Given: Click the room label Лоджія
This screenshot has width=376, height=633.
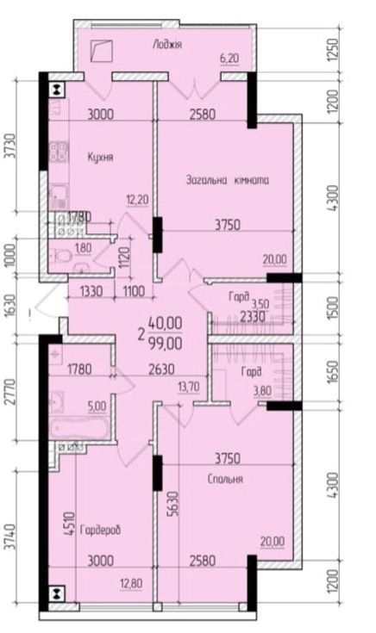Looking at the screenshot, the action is pyautogui.click(x=167, y=45).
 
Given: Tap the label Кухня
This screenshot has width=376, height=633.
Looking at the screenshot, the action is pyautogui.click(x=100, y=157).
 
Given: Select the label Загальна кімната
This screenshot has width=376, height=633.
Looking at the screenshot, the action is pyautogui.click(x=227, y=180).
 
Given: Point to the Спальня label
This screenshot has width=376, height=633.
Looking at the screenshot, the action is pyautogui.click(x=225, y=479).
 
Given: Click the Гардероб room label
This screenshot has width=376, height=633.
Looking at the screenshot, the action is pyautogui.click(x=101, y=530).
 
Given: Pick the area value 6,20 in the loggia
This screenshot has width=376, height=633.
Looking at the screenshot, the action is pyautogui.click(x=229, y=59).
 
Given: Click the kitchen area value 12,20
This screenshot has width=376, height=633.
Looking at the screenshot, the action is pyautogui.click(x=137, y=200).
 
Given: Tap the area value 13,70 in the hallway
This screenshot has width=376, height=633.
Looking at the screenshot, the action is pyautogui.click(x=189, y=387).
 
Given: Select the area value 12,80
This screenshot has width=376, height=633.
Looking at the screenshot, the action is pyautogui.click(x=131, y=583).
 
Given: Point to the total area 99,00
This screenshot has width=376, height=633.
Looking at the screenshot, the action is pyautogui.click(x=165, y=343).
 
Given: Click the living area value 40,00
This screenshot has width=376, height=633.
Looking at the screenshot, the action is pyautogui.click(x=165, y=323).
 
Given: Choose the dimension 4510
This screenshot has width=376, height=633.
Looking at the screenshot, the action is pyautogui.click(x=70, y=524).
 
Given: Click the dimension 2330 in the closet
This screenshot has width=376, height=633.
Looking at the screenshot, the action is pyautogui.click(x=253, y=317).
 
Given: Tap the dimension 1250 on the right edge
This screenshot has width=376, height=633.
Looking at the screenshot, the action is pyautogui.click(x=332, y=50).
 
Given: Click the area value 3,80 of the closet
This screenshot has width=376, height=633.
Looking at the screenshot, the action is pyautogui.click(x=262, y=391).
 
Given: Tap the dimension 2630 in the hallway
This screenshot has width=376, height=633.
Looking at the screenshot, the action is pyautogui.click(x=161, y=369).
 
